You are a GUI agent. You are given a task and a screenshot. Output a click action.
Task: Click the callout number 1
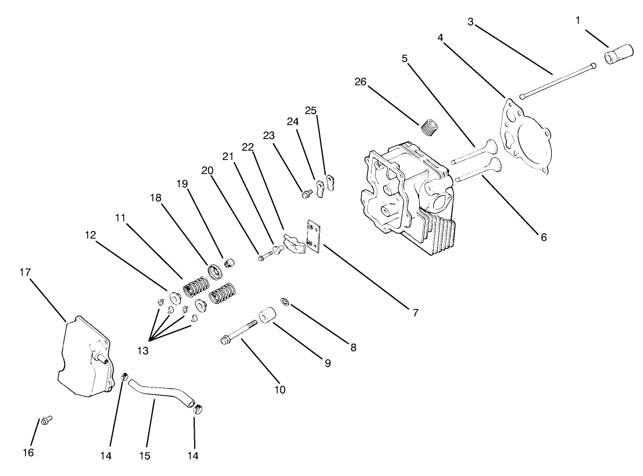(578, 20)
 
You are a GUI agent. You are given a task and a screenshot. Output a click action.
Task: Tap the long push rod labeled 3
(557, 81)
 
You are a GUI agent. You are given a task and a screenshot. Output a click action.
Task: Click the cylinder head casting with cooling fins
(407, 198)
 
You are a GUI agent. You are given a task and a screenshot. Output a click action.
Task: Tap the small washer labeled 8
(285, 301)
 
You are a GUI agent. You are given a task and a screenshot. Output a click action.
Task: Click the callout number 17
(26, 272)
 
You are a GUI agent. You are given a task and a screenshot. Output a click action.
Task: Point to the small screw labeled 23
(304, 194)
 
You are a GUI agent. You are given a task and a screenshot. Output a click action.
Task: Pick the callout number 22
(248, 148)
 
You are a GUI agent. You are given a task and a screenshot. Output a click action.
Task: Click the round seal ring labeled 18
(216, 271)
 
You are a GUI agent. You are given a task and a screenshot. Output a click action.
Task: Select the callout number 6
(542, 237)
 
